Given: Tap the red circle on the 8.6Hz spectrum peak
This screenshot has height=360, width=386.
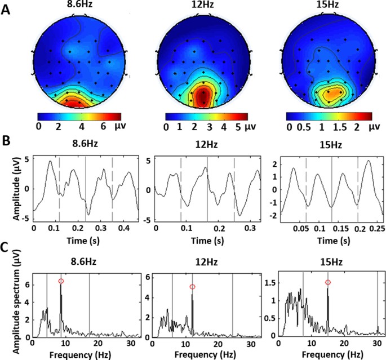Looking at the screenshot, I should coord(61,281).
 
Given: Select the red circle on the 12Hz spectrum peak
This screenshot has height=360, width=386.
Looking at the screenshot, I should coord(192,287).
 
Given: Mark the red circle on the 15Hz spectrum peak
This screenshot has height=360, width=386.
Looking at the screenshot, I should coord(328,282).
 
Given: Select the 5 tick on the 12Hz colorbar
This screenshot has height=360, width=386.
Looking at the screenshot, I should coord(238,128).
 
